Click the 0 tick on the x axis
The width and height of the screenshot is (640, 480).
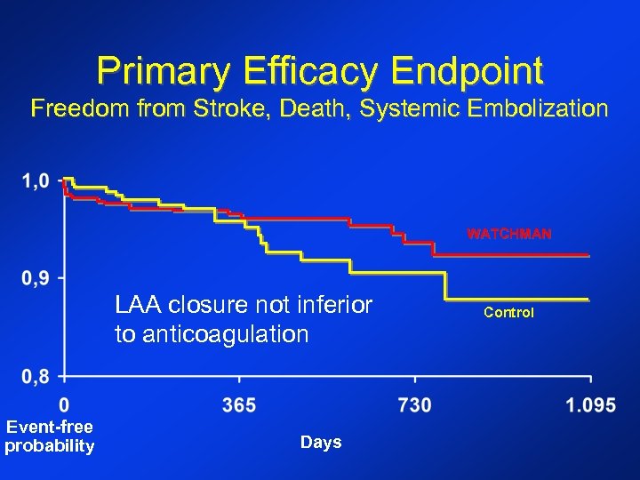coord(64,405)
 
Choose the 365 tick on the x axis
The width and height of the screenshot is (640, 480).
coord(239,405)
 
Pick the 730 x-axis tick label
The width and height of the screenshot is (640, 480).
coord(414,405)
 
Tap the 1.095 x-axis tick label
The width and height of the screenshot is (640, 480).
coord(591,405)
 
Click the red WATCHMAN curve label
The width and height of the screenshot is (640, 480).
coord(509,235)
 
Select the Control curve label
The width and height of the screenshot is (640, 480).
coord(508,313)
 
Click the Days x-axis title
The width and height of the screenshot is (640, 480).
coord(321,443)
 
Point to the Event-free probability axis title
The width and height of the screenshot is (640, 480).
coord(49,436)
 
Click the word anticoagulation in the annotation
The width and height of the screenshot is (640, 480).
coord(212,335)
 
